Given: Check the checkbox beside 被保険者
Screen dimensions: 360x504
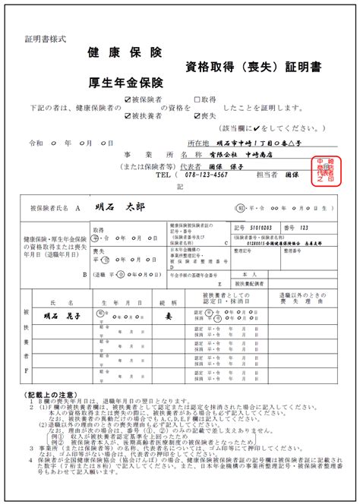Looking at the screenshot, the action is pos(127,99).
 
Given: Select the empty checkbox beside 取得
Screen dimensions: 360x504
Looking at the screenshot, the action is pos(197,99).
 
